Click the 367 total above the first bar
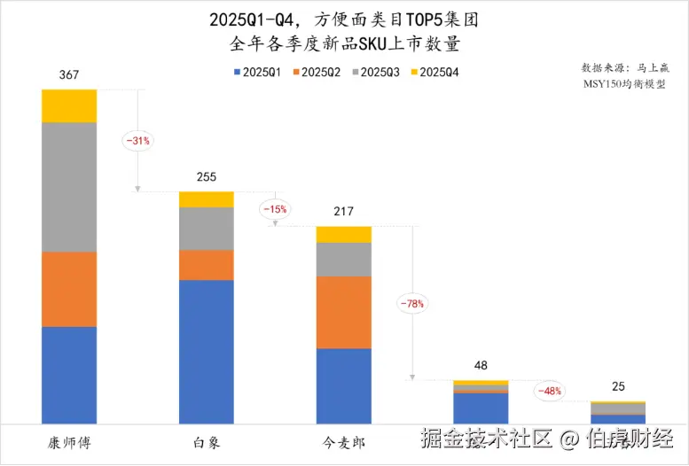[x=68, y=76]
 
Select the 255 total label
[x=206, y=177]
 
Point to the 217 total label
[x=343, y=212]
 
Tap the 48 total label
[x=481, y=366]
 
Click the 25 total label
[x=618, y=387]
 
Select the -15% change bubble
[x=273, y=209]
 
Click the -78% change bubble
[x=411, y=303]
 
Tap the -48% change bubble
[x=549, y=391]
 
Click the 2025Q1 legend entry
[x=257, y=72]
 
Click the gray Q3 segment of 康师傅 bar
[x=68, y=187]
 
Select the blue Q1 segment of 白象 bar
[x=206, y=352]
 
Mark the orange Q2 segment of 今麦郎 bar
[x=343, y=312]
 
